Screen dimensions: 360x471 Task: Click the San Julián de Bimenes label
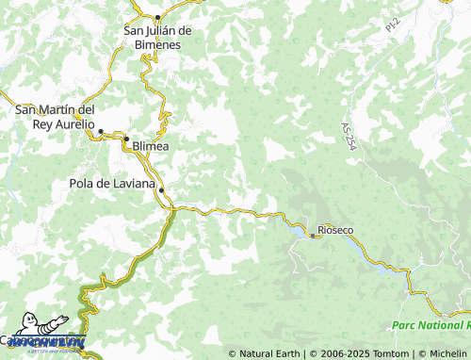(x=158, y=37)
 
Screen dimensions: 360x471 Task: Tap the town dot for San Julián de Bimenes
(x=157, y=18)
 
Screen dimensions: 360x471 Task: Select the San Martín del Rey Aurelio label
(x=55, y=117)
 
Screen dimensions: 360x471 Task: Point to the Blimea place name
(x=152, y=147)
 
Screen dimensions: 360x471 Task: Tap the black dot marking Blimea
(x=126, y=139)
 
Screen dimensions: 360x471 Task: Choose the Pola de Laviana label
(x=111, y=183)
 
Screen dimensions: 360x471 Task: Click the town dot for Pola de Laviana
(x=161, y=190)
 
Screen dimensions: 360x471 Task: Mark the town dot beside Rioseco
(x=313, y=236)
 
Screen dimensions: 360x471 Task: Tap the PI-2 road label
(x=392, y=27)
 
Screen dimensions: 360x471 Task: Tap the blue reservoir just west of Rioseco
(x=296, y=227)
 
